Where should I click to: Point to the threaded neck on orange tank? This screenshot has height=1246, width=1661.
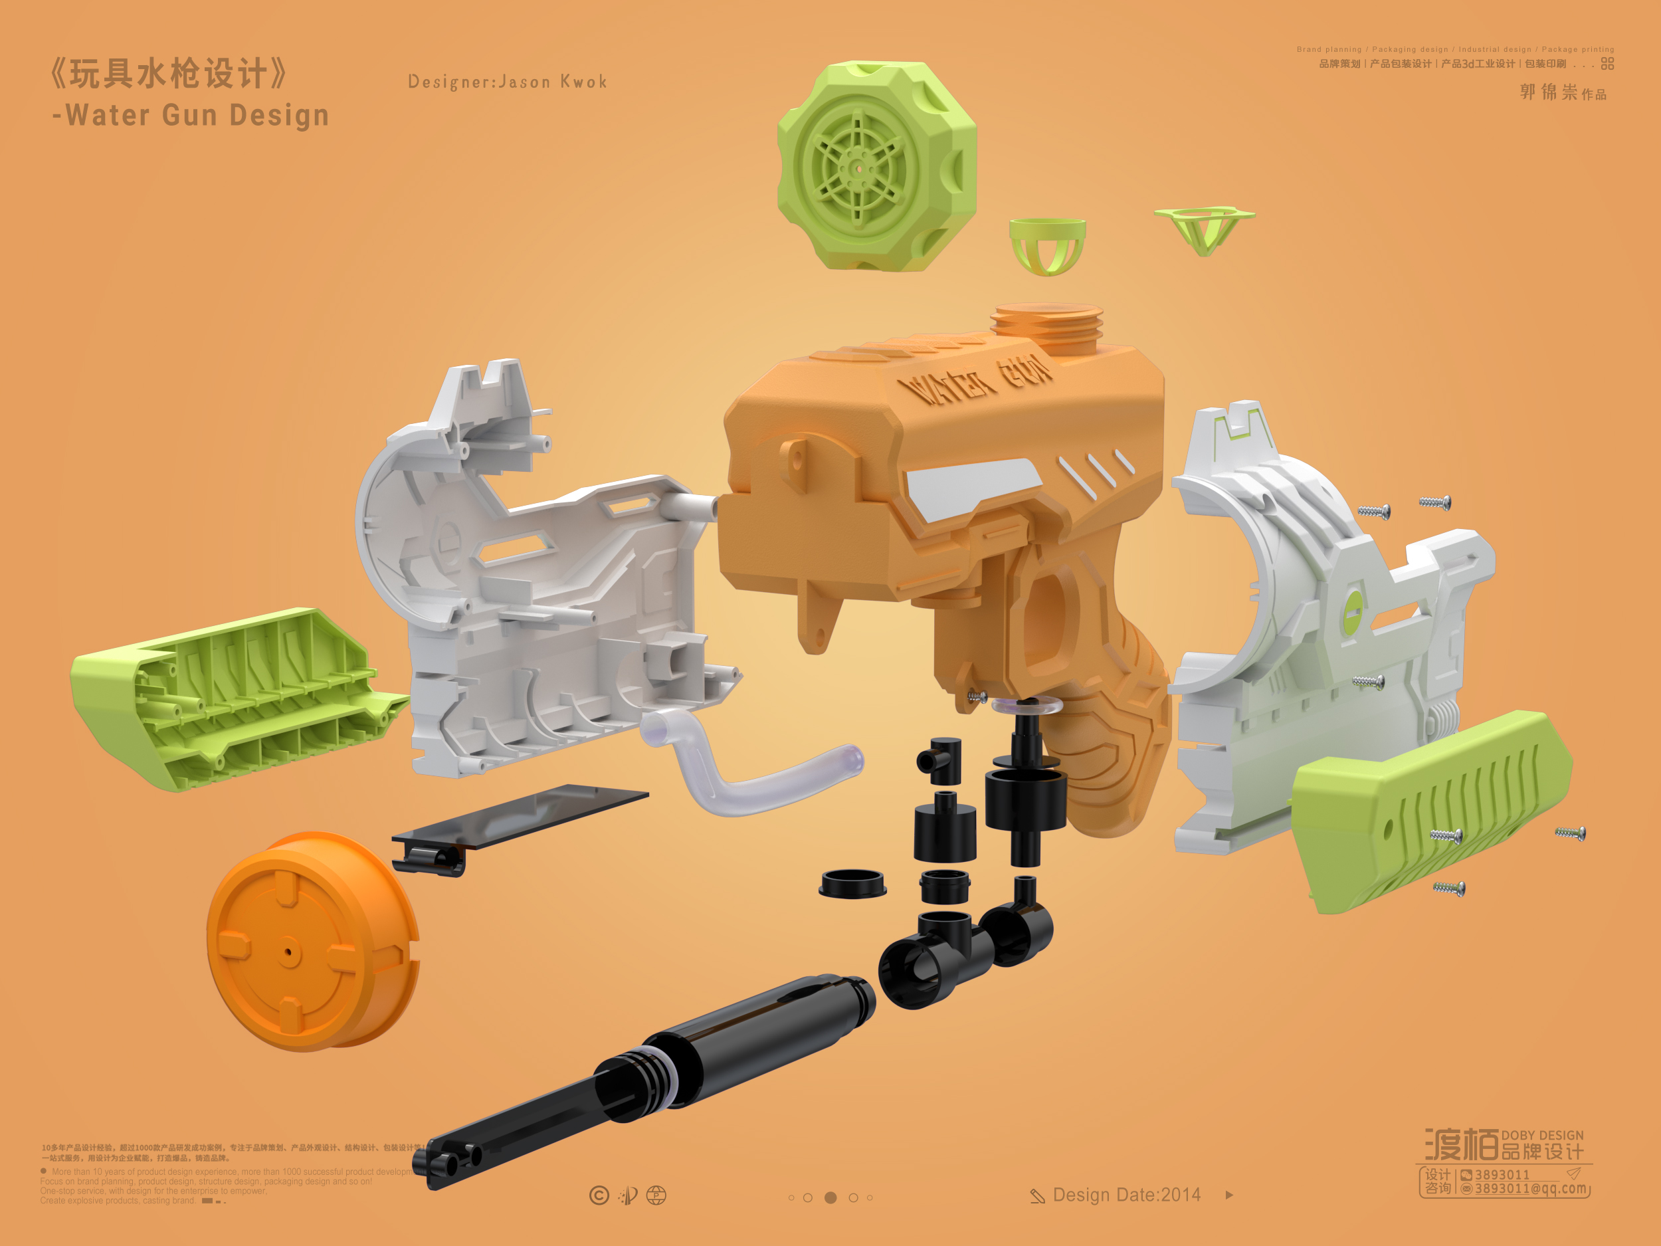(x=1046, y=328)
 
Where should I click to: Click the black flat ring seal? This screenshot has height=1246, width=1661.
(x=852, y=883)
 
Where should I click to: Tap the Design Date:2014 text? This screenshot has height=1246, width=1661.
(x=1126, y=1195)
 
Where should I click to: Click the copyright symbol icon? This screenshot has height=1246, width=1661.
(x=599, y=1195)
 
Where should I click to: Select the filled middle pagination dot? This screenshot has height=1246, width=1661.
(x=830, y=1197)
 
